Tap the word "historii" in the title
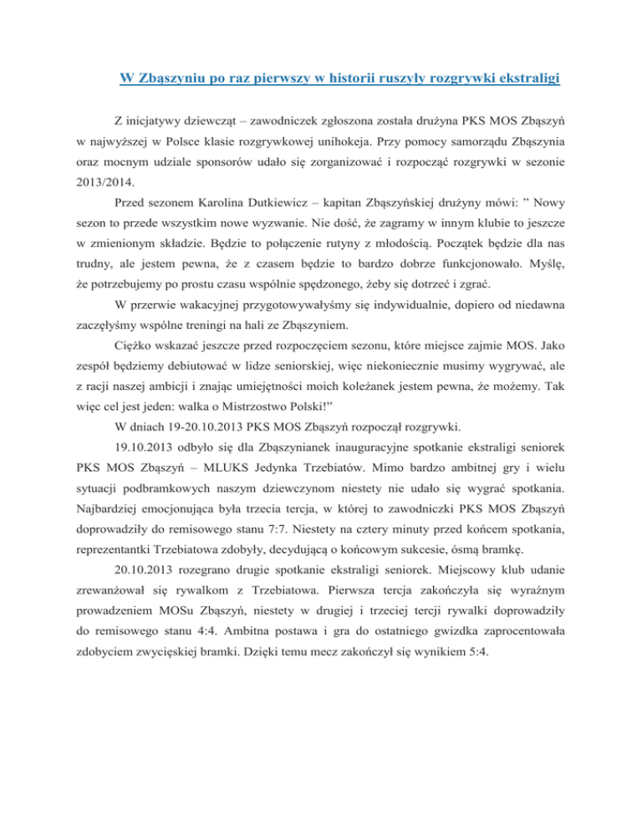(322, 80)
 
